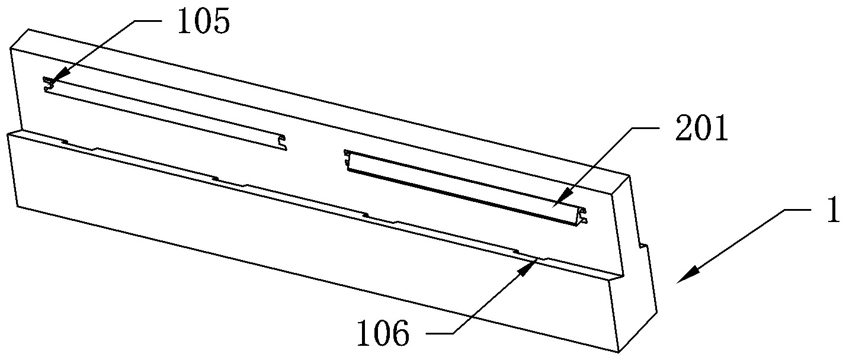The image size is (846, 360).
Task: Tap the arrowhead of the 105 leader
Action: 47,82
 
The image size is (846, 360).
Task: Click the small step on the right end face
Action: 642,243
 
